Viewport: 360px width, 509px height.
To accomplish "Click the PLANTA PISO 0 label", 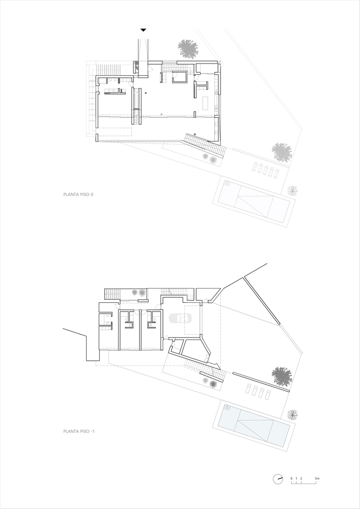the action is pyautogui.click(x=78, y=194).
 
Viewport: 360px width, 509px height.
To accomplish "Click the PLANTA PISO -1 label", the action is pyautogui.click(x=79, y=432).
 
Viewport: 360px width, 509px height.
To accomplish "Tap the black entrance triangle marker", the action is pyautogui.click(x=143, y=30).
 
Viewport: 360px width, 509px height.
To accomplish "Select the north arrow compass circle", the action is pyautogui.click(x=278, y=479).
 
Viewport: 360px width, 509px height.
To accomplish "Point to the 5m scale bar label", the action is pyautogui.click(x=317, y=478).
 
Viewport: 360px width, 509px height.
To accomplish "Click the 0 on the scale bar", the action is pyautogui.click(x=291, y=478).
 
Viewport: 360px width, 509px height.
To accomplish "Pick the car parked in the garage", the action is pyautogui.click(x=180, y=318).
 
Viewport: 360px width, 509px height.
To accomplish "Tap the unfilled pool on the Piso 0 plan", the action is pyautogui.click(x=254, y=201).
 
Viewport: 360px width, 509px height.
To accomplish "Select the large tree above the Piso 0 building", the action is pyautogui.click(x=187, y=49).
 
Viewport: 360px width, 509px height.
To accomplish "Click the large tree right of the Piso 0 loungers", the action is pyautogui.click(x=282, y=152).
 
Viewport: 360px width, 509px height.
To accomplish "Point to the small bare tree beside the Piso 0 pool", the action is pyautogui.click(x=292, y=191).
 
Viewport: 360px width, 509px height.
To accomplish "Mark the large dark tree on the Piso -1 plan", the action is pyautogui.click(x=282, y=376).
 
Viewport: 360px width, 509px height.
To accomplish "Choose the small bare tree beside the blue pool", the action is pyautogui.click(x=292, y=414).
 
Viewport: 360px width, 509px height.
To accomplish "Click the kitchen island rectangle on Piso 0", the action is pyautogui.click(x=205, y=103).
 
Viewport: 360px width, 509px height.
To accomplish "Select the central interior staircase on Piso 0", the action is pyautogui.click(x=136, y=106).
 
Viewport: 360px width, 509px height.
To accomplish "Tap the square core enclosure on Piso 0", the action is pyautogui.click(x=180, y=77).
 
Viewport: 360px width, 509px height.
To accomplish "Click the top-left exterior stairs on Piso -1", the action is pyautogui.click(x=113, y=294).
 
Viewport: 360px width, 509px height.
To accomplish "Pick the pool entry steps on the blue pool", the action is pyautogui.click(x=227, y=408).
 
